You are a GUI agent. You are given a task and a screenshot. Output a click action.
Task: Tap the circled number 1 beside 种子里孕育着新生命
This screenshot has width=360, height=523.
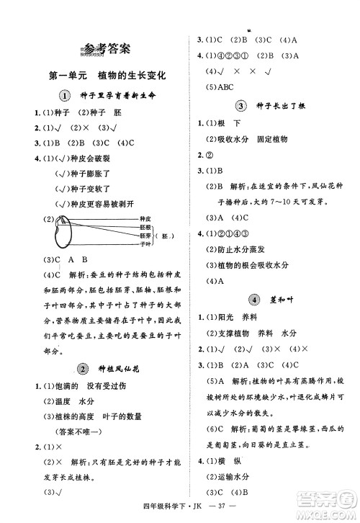[x=64, y=97]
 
